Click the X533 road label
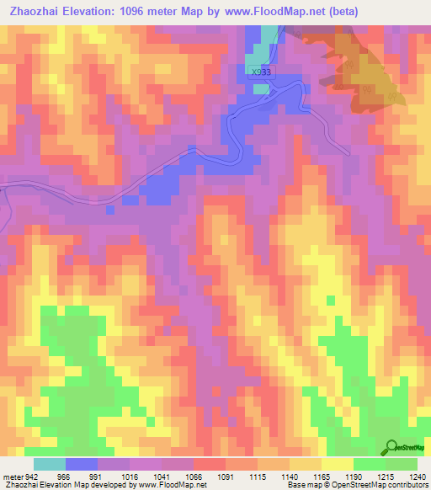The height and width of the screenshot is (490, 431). pos(261,72)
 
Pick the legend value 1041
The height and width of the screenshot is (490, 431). pos(164,477)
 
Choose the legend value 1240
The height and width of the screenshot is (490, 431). pos(419,477)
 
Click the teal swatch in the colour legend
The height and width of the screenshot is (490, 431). pos(49,464)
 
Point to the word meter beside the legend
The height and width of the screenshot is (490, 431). pos(13,477)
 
